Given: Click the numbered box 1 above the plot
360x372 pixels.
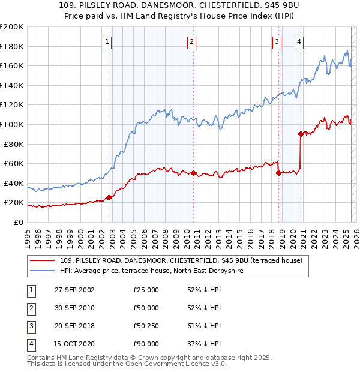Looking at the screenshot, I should [107, 41].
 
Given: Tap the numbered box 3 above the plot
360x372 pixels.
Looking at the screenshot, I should [277, 41].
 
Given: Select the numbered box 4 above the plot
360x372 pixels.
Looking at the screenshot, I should [298, 41].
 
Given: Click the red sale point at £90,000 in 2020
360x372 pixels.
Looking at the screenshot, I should [301, 134].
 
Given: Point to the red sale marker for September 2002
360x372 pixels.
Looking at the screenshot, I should [109, 197].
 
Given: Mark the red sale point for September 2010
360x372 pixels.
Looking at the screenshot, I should [194, 173].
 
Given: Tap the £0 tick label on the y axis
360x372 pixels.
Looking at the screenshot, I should [18, 222].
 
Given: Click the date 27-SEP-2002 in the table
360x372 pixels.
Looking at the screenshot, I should [74, 290].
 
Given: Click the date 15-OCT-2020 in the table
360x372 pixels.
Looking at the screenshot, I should [74, 344].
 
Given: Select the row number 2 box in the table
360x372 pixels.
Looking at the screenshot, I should [31, 308].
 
